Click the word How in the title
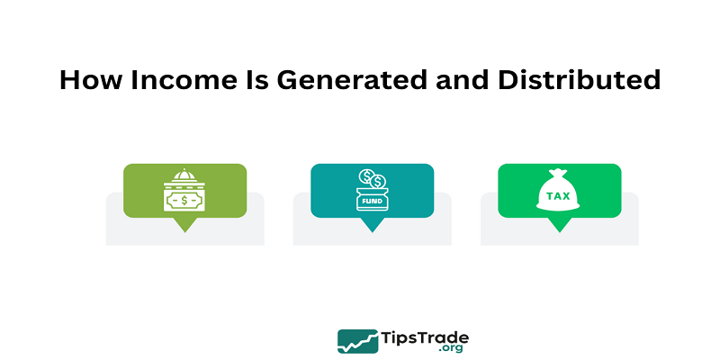[x=91, y=80]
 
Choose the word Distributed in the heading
[x=580, y=80]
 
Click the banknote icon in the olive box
[x=184, y=201]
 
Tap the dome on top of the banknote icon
[x=184, y=175]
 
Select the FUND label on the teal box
[x=372, y=201]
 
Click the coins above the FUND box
[x=373, y=178]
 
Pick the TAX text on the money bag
[x=558, y=196]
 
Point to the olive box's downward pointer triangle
[x=185, y=224]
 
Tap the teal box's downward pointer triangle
[x=372, y=224]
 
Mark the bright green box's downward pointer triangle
[x=559, y=224]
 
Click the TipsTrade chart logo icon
[x=357, y=341]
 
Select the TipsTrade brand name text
[x=425, y=338]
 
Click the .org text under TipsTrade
[x=450, y=348]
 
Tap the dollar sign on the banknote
[x=184, y=201]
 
